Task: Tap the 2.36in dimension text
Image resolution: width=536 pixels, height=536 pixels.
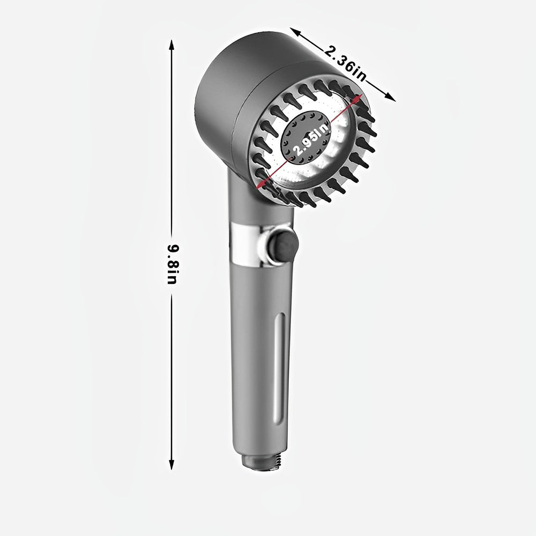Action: pos(346,63)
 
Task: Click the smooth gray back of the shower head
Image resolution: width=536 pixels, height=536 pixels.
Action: pos(220,91)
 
